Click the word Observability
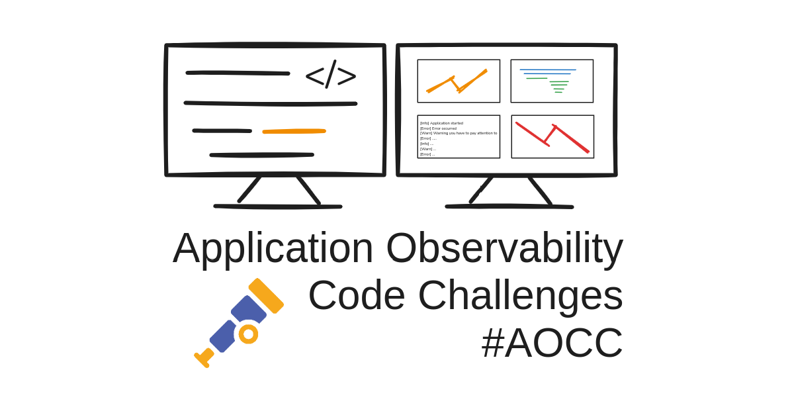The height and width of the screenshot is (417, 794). click(x=505, y=248)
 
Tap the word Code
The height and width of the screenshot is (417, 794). click(x=357, y=295)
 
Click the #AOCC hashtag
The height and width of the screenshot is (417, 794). click(x=552, y=343)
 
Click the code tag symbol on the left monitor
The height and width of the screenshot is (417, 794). click(x=331, y=75)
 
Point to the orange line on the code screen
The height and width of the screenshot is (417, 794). click(x=294, y=131)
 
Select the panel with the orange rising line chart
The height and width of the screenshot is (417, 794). click(x=459, y=81)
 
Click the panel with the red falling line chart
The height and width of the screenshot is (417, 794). click(x=552, y=136)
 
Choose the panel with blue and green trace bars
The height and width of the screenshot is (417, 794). click(x=552, y=81)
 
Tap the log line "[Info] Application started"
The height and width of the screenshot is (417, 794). click(x=442, y=123)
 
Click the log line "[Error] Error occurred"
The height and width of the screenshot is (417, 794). click(x=439, y=128)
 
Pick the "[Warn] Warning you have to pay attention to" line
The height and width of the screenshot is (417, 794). click(x=459, y=133)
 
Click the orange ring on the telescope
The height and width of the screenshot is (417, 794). click(x=248, y=334)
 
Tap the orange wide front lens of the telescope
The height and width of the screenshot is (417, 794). click(x=266, y=296)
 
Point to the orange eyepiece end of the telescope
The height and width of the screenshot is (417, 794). click(x=204, y=358)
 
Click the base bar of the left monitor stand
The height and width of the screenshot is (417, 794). click(x=278, y=207)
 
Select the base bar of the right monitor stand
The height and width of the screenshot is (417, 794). click(x=509, y=207)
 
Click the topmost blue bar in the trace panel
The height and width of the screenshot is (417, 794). click(x=548, y=70)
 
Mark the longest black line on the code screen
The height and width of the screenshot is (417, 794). click(x=271, y=103)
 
